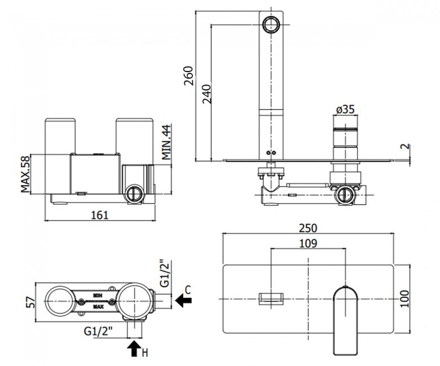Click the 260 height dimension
[188, 75]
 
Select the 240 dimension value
[207, 94]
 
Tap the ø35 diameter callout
[345, 109]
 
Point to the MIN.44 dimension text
[166, 142]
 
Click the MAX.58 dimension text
[25, 174]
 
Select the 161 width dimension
[100, 215]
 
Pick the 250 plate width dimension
[308, 228]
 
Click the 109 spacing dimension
[308, 243]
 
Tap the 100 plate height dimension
[404, 299]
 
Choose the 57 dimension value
[31, 302]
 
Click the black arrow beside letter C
[183, 301]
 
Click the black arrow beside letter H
[134, 348]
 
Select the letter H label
[144, 353]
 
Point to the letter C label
[188, 289]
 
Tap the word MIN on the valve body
[98, 295]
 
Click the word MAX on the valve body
[98, 307]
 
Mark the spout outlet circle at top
[271, 24]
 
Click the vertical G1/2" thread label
[165, 274]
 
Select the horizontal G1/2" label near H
[98, 332]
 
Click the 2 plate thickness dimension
[406, 146]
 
